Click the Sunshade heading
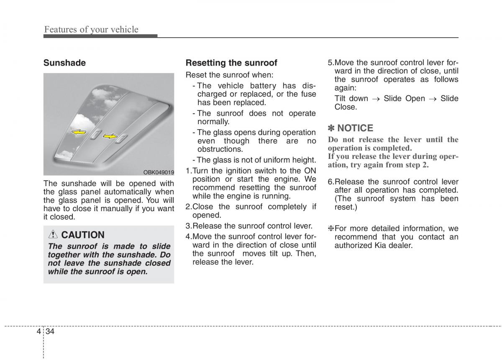(64, 63)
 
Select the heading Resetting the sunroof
(231, 63)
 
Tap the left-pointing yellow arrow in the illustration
(79, 132)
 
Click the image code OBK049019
(159, 172)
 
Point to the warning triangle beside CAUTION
(54, 235)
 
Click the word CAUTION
(83, 235)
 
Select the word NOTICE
(355, 128)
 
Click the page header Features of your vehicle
(91, 29)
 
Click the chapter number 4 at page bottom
(38, 331)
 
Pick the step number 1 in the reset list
(188, 171)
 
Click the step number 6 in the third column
(330, 182)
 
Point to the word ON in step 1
(310, 171)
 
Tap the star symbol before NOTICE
(331, 128)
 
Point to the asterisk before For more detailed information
(330, 228)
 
